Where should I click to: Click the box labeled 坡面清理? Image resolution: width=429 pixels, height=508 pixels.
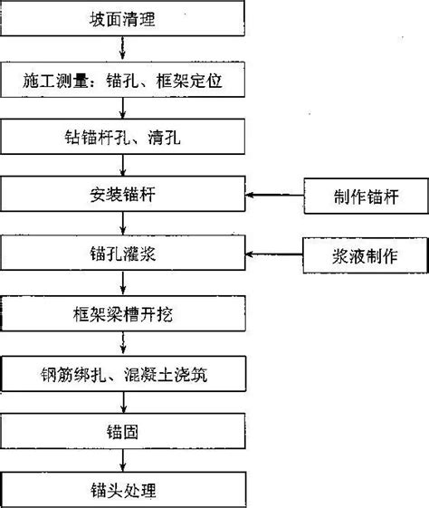pyautogui.click(x=122, y=18)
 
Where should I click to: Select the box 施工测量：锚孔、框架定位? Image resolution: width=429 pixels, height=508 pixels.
pyautogui.click(x=122, y=80)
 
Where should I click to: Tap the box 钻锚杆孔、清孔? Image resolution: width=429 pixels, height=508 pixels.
pyautogui.click(x=122, y=137)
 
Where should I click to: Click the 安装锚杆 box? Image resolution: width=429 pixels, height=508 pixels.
pyautogui.click(x=122, y=194)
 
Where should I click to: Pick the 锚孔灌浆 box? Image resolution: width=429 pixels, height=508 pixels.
pyautogui.click(x=122, y=253)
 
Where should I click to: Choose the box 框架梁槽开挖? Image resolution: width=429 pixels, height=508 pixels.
pyautogui.click(x=122, y=313)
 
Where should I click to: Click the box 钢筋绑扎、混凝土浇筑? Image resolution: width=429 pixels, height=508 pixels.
pyautogui.click(x=123, y=374)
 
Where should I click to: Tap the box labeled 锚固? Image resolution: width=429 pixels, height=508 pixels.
pyautogui.click(x=123, y=431)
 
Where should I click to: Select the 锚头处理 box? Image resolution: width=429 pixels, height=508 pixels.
pyautogui.click(x=123, y=490)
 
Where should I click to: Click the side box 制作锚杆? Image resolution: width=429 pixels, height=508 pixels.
pyautogui.click(x=367, y=196)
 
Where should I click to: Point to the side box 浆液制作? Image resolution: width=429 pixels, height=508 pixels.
pyautogui.click(x=366, y=255)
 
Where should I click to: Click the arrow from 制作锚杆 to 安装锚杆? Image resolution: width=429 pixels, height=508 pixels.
pyautogui.click(x=274, y=195)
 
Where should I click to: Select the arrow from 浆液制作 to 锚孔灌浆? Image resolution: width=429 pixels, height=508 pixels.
pyautogui.click(x=274, y=254)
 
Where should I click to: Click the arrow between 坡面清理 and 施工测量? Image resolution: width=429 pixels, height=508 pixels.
pyautogui.click(x=122, y=48)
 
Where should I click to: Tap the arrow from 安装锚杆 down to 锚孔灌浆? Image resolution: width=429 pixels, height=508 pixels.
pyautogui.click(x=123, y=223)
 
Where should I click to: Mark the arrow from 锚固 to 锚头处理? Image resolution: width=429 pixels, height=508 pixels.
pyautogui.click(x=123, y=460)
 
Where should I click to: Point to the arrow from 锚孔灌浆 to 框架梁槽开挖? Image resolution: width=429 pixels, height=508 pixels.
pyautogui.click(x=123, y=283)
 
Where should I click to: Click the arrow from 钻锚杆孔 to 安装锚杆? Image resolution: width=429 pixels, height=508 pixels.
pyautogui.click(x=123, y=165)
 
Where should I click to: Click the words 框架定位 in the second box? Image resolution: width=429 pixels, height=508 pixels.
pyautogui.click(x=189, y=81)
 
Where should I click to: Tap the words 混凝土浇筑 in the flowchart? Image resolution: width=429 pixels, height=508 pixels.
pyautogui.click(x=166, y=375)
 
